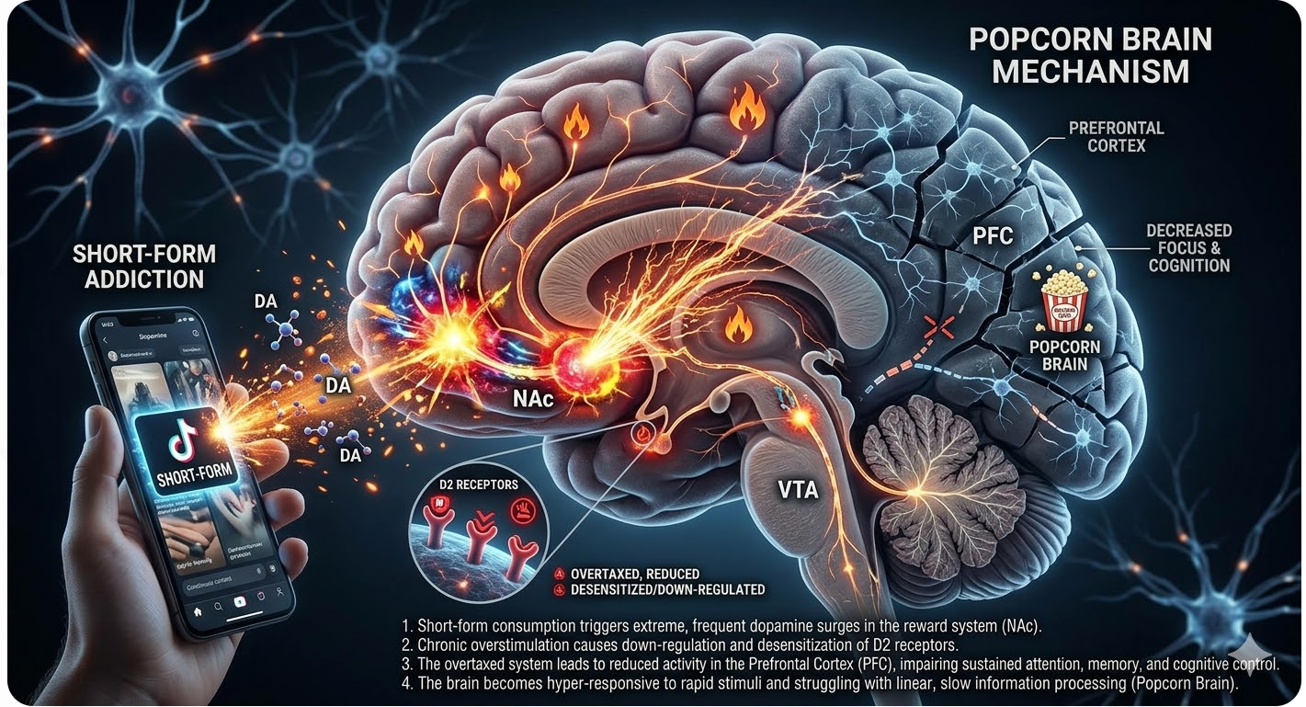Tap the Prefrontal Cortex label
[1116, 136]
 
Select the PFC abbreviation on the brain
[992, 237]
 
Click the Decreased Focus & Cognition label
[1188, 247]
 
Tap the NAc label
[531, 401]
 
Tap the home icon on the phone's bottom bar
[197, 610]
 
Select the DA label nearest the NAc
[338, 386]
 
